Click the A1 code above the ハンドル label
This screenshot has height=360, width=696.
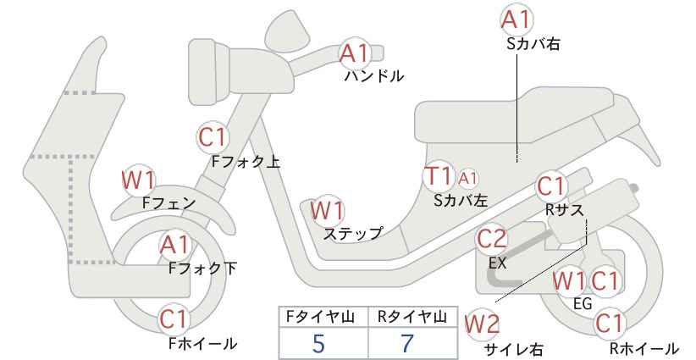click(355, 53)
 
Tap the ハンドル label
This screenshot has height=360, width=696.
click(374, 76)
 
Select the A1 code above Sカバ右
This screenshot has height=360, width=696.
click(516, 19)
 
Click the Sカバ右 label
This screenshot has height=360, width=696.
click(533, 43)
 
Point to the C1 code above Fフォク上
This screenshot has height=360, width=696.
click(213, 137)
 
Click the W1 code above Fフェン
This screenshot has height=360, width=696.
click(139, 180)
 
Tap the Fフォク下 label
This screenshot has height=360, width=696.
click(202, 269)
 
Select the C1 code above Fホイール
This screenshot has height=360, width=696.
click(174, 319)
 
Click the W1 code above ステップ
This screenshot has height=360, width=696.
click(327, 210)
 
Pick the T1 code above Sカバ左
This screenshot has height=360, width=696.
click(438, 175)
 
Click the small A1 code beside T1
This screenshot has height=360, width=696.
click(468, 179)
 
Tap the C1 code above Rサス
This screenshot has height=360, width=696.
click(550, 186)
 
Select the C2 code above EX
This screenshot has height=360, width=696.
click(491, 239)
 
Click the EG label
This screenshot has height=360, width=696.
click(583, 303)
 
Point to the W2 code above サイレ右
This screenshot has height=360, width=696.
click(482, 324)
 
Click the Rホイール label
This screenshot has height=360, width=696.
click(644, 348)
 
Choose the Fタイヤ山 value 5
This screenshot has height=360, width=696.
click(318, 343)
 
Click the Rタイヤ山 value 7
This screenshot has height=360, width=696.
click(406, 343)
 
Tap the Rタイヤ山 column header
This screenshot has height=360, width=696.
click(412, 317)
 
